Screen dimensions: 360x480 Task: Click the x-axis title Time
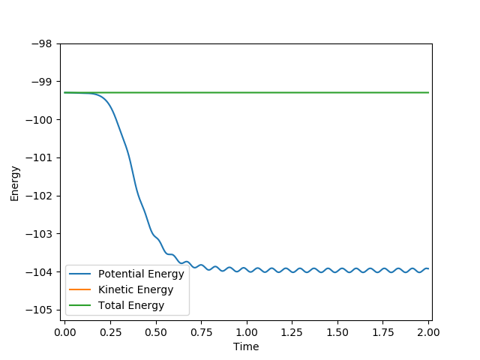[246, 346]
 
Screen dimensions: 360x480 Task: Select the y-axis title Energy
[15, 183]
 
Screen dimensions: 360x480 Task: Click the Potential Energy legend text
[141, 274]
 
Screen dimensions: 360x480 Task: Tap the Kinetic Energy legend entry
[136, 289]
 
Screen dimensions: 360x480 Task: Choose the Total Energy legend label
[131, 305]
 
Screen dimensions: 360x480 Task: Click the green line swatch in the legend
[81, 305]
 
